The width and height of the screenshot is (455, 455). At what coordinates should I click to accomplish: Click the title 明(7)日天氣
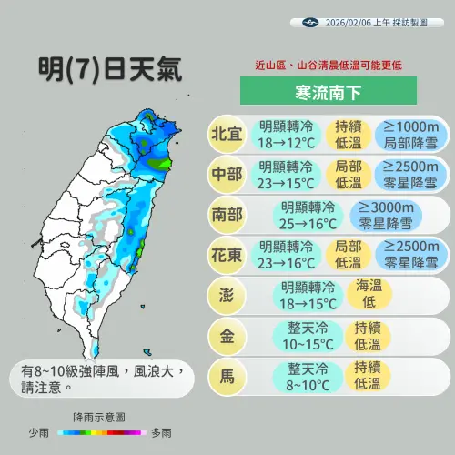(110, 69)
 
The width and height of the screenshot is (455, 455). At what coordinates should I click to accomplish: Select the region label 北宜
(227, 134)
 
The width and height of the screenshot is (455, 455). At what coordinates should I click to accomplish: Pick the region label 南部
(227, 215)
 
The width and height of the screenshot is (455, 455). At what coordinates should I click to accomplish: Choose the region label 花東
(227, 255)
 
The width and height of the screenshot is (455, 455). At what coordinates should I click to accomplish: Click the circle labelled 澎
(227, 296)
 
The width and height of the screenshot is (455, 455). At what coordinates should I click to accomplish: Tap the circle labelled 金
(227, 336)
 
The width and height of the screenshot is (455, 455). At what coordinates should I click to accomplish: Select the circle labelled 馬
(227, 377)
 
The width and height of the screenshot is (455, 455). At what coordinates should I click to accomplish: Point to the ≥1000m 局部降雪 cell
(410, 135)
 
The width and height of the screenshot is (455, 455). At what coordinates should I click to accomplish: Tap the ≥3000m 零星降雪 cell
(388, 215)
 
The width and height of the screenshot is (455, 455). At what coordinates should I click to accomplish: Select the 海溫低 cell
(367, 295)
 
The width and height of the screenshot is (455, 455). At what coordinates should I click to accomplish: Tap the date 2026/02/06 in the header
(353, 22)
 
